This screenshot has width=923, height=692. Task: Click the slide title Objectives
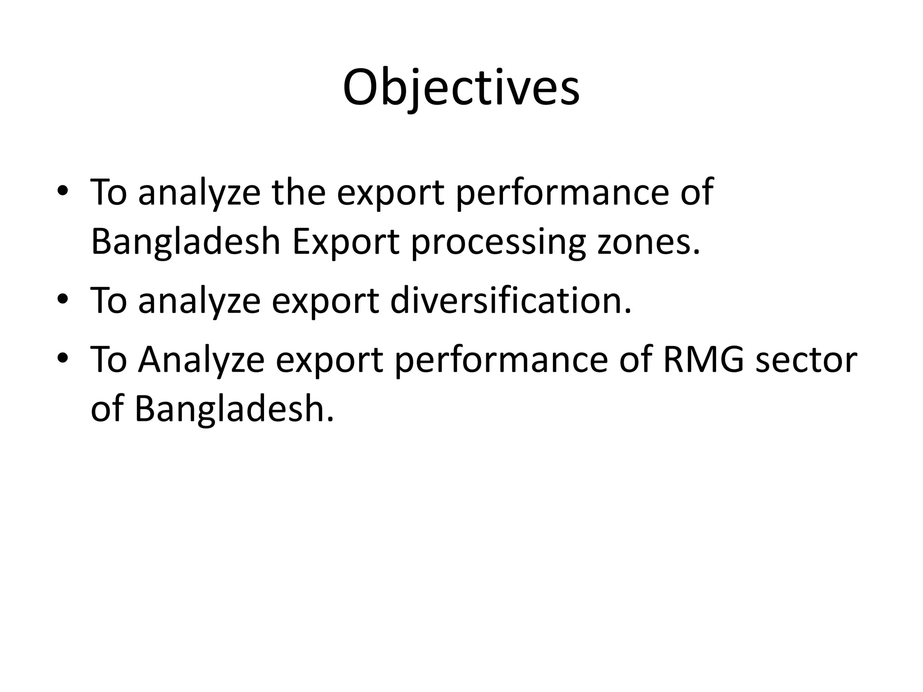461,89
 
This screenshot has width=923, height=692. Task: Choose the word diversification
511,300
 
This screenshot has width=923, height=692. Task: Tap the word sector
806,360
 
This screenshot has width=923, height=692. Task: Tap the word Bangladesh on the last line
234,409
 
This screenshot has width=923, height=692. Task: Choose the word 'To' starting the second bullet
109,300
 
